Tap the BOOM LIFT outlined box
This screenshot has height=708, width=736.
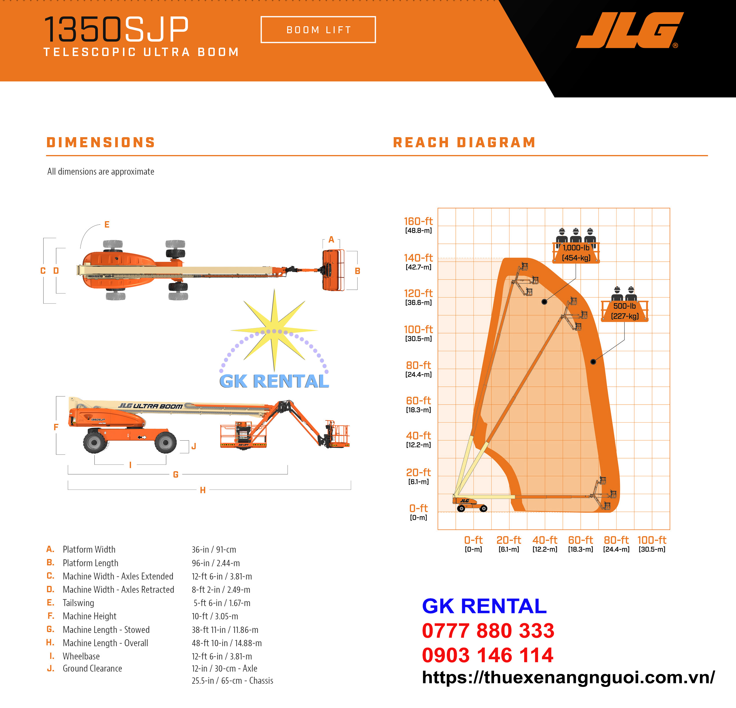click(318, 30)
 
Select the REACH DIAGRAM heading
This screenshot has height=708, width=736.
click(464, 142)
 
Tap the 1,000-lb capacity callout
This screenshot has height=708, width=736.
click(576, 252)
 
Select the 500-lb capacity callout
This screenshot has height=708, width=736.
click(625, 311)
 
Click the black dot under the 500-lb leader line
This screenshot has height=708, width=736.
click(593, 362)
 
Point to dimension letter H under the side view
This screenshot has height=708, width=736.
click(203, 490)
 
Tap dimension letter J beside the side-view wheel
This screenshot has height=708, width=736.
click(194, 446)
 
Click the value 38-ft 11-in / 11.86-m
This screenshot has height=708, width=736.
click(225, 629)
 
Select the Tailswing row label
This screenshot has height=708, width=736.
click(78, 603)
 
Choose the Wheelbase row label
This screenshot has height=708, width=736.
click(81, 656)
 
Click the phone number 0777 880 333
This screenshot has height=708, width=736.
click(488, 631)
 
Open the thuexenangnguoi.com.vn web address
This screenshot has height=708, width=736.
click(568, 677)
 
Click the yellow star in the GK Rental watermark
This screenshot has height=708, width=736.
click(274, 331)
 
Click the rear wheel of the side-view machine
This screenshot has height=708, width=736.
click(94, 442)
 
